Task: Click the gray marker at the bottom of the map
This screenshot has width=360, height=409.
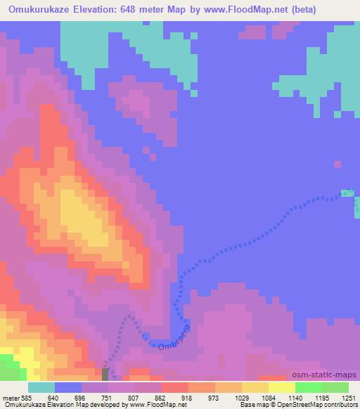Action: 105,375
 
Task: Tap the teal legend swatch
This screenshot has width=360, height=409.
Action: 41,387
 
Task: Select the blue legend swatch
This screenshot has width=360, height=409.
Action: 68,387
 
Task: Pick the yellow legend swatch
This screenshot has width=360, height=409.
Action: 282,387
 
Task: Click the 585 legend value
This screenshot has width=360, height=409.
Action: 26,398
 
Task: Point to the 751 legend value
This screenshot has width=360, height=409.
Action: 108,398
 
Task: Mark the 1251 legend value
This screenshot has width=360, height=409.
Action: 349,398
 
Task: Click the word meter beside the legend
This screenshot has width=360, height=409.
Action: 9,398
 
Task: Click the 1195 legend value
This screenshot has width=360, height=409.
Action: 323,398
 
